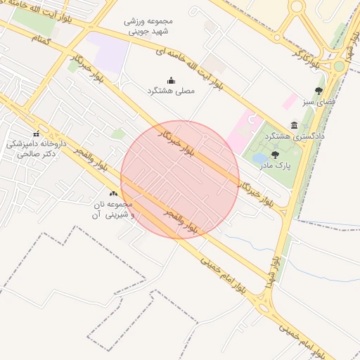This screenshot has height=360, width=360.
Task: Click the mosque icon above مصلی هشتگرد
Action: pyautogui.click(x=171, y=80)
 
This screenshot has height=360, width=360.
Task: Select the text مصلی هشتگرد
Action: pyautogui.click(x=171, y=91)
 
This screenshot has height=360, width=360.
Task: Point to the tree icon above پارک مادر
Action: pyautogui.click(x=274, y=155)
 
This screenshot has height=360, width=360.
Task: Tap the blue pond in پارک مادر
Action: pyautogui.click(x=259, y=158)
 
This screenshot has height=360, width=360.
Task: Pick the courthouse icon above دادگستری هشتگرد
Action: pyautogui.click(x=294, y=124)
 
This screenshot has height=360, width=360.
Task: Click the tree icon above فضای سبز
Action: pyautogui.click(x=319, y=91)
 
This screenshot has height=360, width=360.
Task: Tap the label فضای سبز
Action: pyautogui.click(x=319, y=102)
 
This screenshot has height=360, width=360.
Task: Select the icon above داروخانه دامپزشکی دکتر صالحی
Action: pyautogui.click(x=36, y=134)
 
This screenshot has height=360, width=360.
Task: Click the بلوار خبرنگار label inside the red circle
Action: pyautogui.click(x=176, y=140)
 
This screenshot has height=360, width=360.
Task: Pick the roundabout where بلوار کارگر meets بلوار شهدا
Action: pyautogui.click(x=339, y=65)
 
